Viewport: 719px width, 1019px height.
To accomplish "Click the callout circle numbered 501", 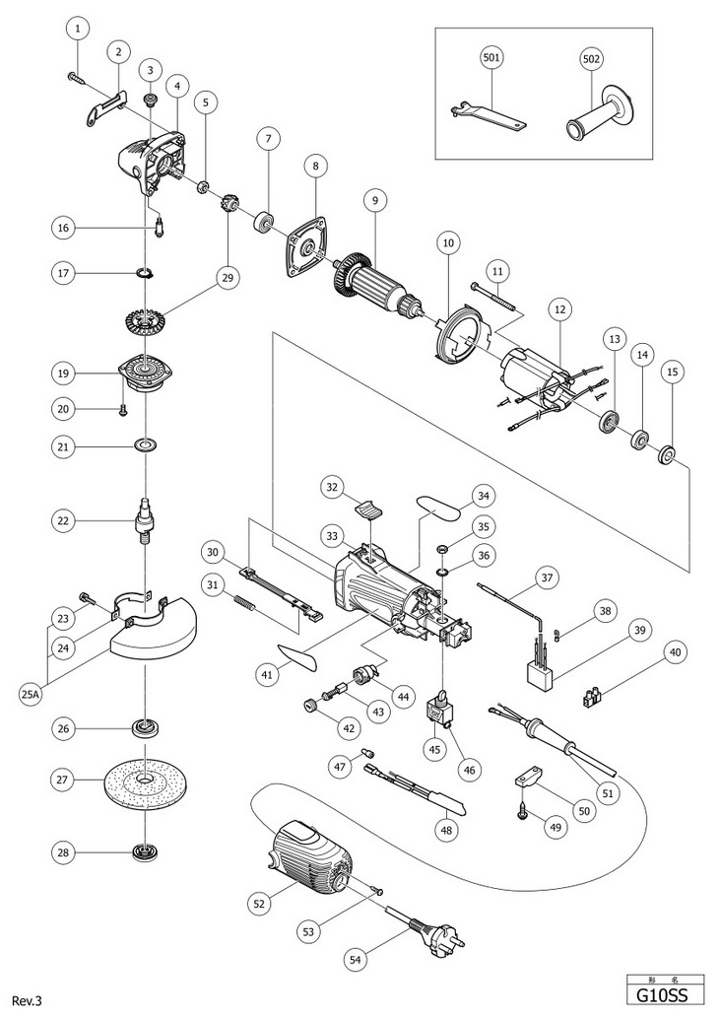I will coord(491,58).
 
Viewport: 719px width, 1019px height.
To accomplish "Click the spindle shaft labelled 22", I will coord(144,519).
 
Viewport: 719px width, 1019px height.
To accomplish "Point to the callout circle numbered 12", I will coord(559,308).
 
